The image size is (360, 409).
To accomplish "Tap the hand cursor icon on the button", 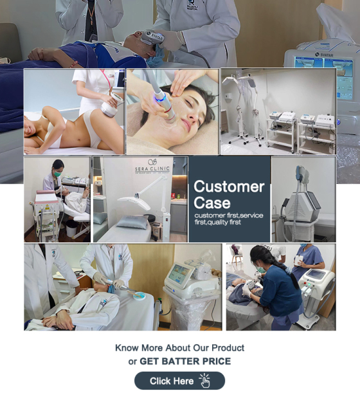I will (204, 381).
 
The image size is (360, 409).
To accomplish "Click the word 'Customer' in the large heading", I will (229, 187).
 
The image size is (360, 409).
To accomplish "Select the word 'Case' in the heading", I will (212, 203).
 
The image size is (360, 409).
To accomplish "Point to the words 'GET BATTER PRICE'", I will (185, 361).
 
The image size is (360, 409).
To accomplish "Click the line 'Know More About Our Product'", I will (179, 348).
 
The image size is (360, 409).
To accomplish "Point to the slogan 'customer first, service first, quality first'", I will (228, 219).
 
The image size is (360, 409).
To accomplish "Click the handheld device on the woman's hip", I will (111, 108).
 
